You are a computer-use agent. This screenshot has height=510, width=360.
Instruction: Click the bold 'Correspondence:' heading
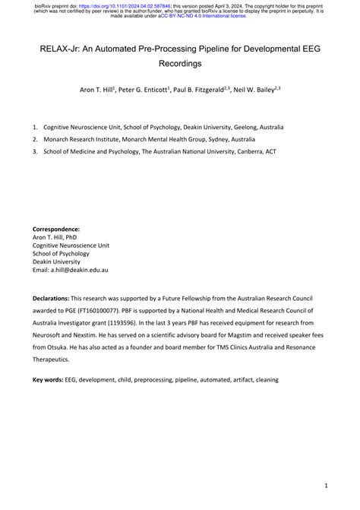coord(55,229)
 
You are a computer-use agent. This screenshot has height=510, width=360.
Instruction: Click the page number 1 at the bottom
coord(325,484)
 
